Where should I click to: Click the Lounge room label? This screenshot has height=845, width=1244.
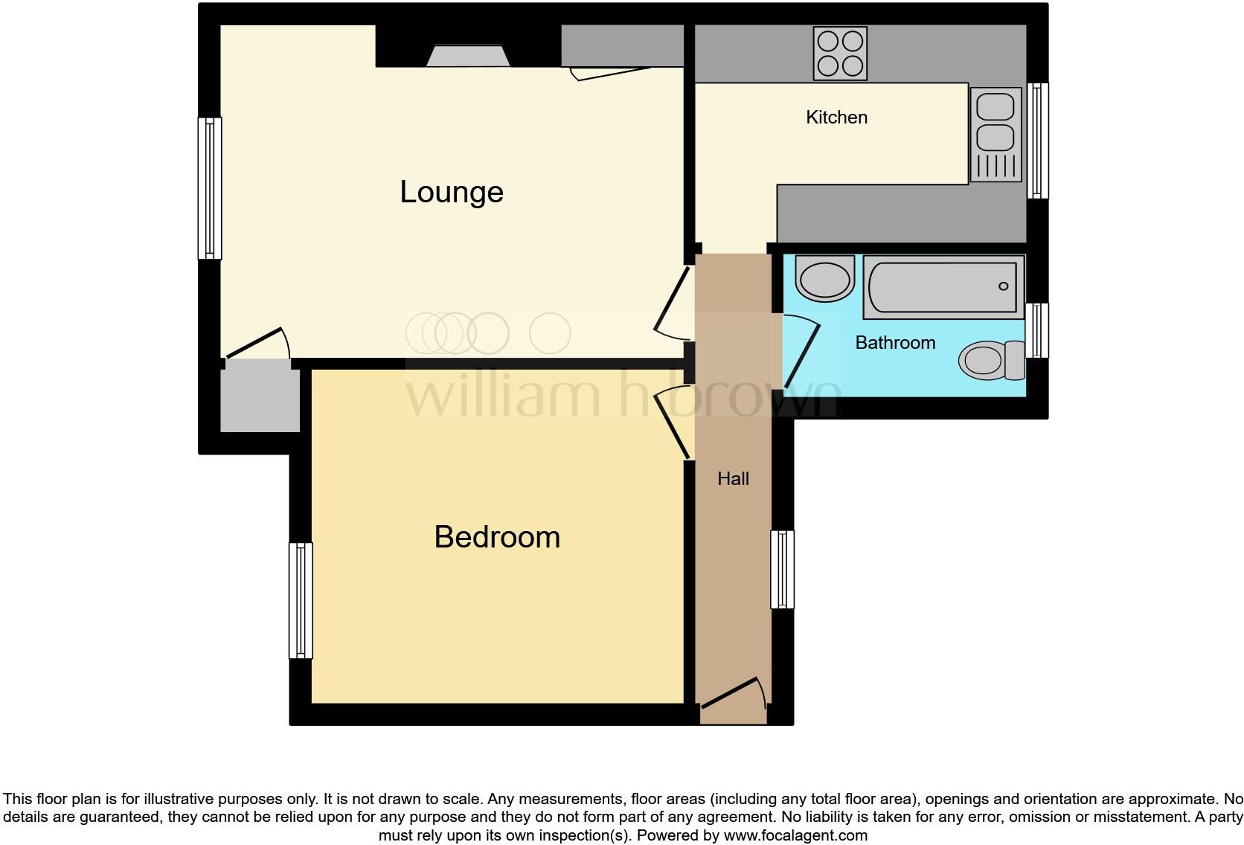(x=452, y=192)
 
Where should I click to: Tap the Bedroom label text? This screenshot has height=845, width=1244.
(x=497, y=537)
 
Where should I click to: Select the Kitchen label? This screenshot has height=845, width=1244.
(x=836, y=118)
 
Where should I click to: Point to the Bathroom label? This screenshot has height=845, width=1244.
(x=895, y=343)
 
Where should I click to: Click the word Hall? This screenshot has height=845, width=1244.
(x=733, y=479)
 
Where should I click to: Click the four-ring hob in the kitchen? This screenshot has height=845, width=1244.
(x=840, y=53)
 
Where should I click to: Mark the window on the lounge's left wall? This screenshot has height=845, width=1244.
(x=210, y=188)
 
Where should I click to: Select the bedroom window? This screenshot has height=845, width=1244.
(x=301, y=600)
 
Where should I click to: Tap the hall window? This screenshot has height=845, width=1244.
(x=782, y=569)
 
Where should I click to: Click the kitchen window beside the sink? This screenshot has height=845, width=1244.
(x=1037, y=141)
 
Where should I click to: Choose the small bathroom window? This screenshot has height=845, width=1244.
(x=1037, y=330)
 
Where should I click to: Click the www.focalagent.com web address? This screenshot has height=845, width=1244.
(x=795, y=835)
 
